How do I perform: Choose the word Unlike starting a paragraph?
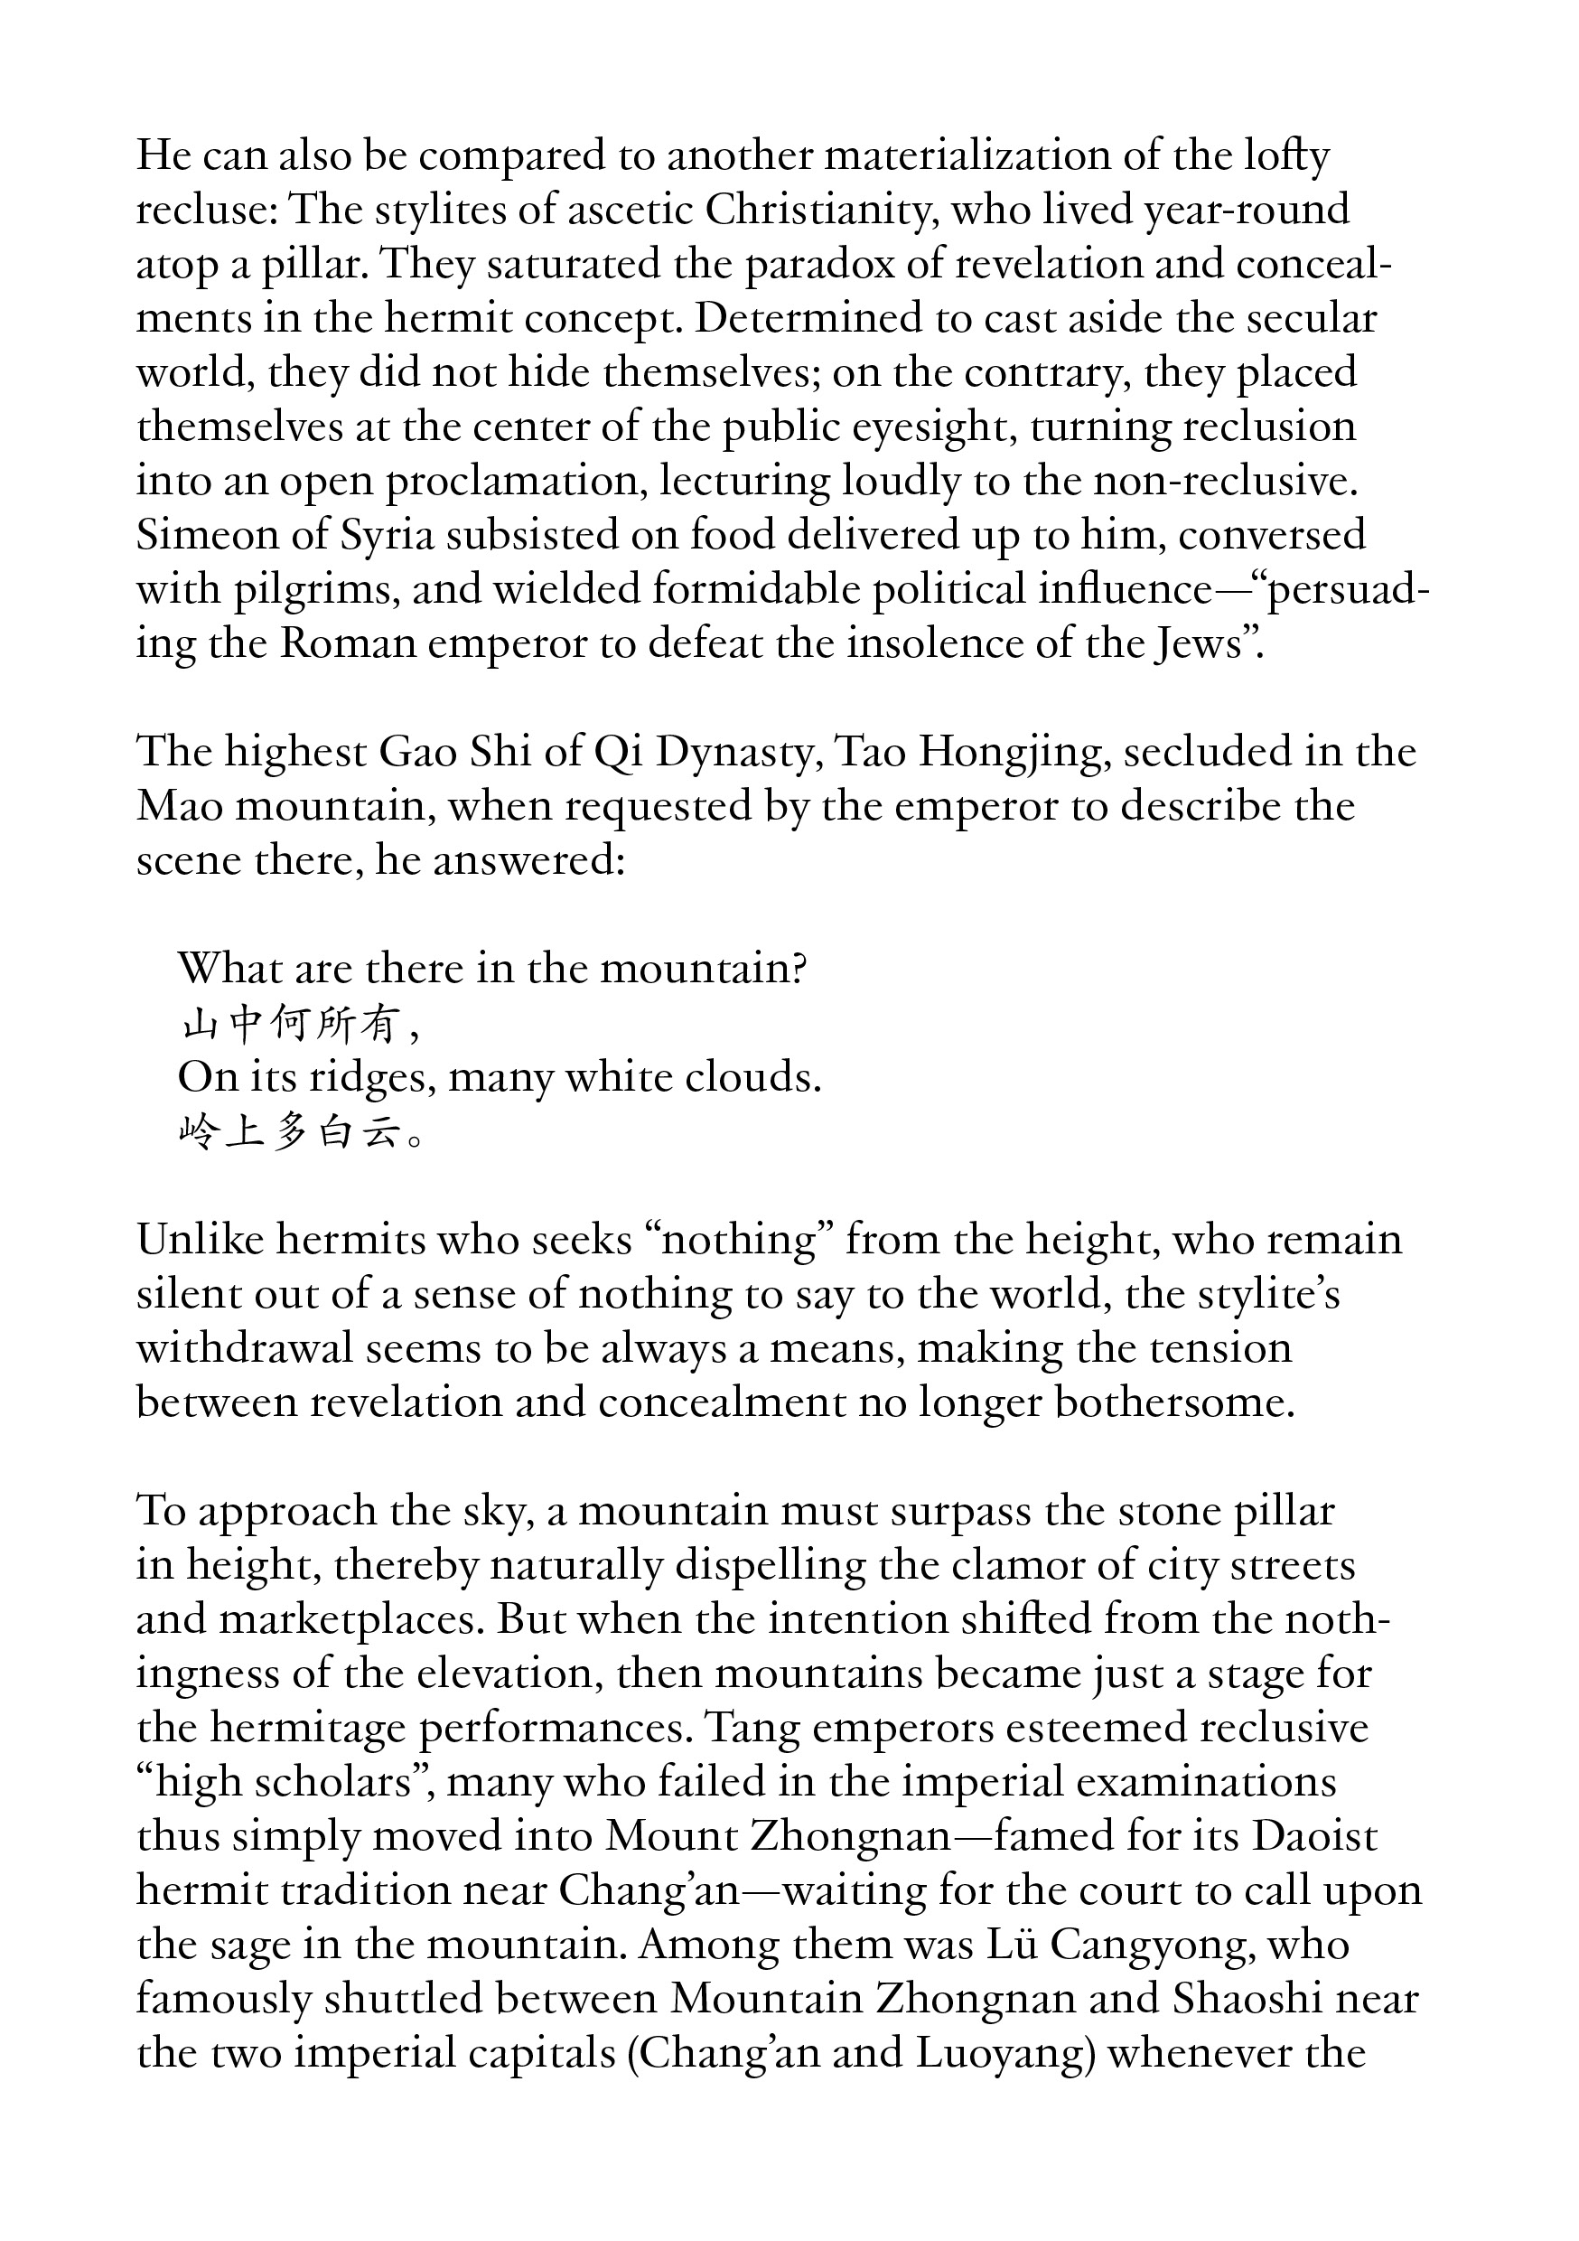pyautogui.click(x=199, y=1240)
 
